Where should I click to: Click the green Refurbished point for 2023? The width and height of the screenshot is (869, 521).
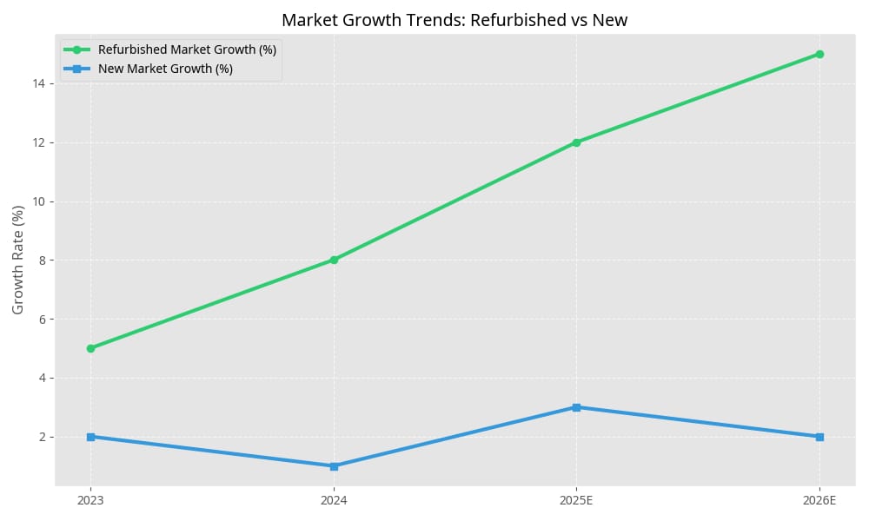pos(90,348)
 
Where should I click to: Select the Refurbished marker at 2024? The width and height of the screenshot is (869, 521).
pos(334,260)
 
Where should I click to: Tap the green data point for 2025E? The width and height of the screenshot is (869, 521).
pos(576,142)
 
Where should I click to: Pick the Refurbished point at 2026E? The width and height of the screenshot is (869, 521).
pos(819,54)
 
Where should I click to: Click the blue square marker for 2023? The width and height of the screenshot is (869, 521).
pos(90,437)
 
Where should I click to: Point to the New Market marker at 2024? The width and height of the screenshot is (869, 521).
pos(334,466)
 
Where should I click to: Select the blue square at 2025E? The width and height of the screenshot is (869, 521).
pos(576,407)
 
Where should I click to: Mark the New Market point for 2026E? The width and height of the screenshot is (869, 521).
pos(819,437)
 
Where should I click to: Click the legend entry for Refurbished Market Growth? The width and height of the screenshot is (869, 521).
pos(187,49)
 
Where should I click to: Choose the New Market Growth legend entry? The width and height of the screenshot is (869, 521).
pos(165,69)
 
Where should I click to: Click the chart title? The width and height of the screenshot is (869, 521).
pos(454,19)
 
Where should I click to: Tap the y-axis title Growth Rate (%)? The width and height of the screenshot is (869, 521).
pos(18,260)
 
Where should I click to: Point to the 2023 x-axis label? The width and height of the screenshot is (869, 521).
pos(90,500)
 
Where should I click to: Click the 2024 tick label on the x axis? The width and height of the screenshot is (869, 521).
pos(334,500)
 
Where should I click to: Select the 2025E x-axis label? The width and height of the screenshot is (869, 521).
pos(576,500)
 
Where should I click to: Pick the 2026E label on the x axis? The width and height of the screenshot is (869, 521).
pos(819,500)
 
